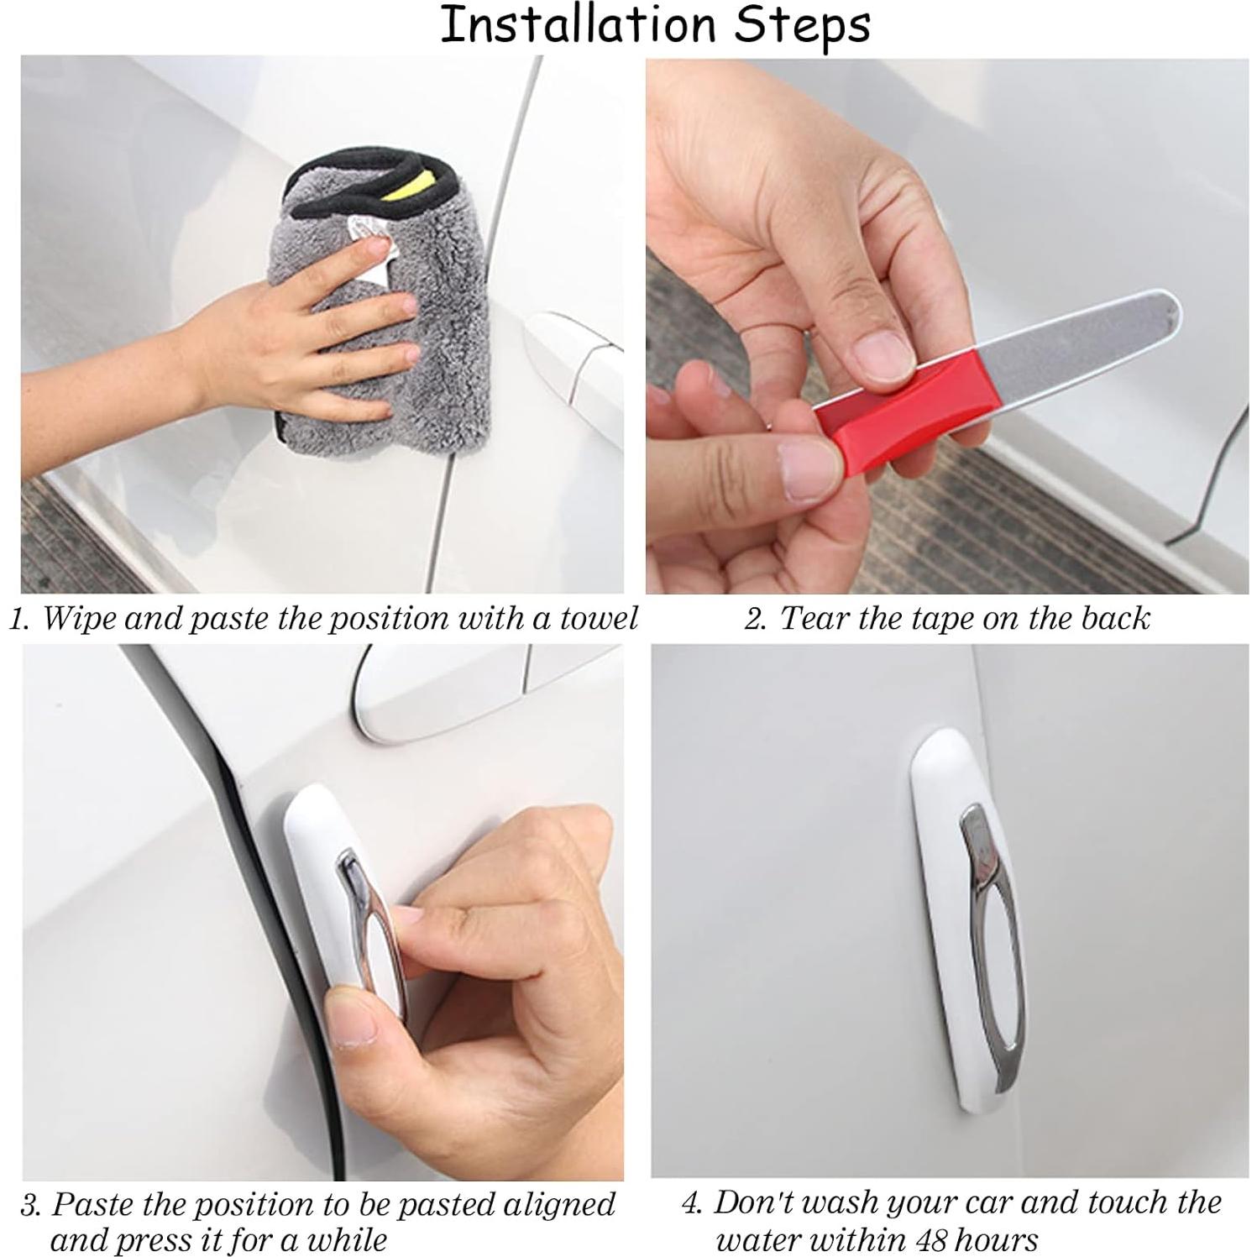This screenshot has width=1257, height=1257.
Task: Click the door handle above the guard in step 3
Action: pos(437,697)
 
